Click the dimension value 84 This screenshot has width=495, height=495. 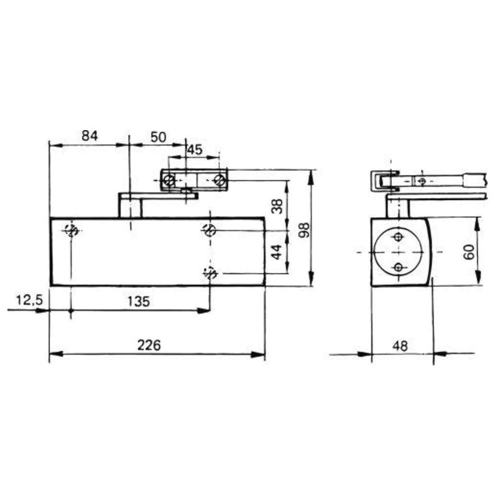click(x=90, y=136)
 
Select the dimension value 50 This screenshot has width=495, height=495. click(x=158, y=137)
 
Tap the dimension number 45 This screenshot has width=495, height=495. click(x=195, y=149)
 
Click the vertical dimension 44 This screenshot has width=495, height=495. click(x=277, y=252)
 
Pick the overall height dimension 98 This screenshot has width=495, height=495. click(x=304, y=230)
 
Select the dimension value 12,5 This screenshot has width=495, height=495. click(x=29, y=300)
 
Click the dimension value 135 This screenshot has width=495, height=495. click(x=139, y=301)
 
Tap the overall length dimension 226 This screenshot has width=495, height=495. click(x=149, y=345)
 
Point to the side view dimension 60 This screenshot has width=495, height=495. click(x=469, y=252)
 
